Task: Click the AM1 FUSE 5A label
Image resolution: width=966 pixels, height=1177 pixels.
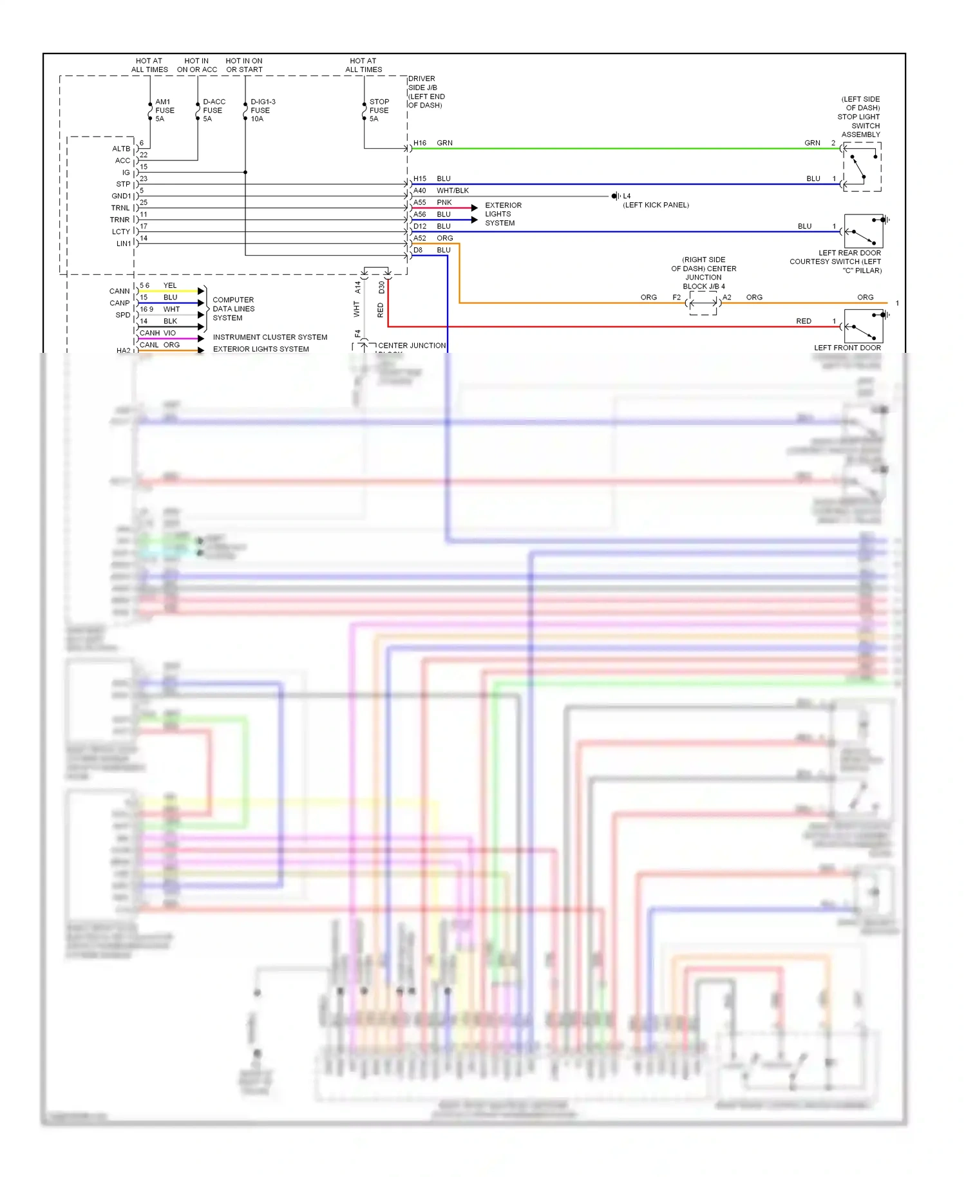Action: pos(164,110)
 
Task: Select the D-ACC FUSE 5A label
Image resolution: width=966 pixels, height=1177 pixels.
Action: pos(213,110)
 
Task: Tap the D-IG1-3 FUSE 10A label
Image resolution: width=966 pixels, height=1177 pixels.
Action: pos(262,110)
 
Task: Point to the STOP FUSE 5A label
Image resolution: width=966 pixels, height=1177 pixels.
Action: pos(379,110)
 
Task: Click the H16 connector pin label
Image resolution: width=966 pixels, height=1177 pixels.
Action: pos(420,143)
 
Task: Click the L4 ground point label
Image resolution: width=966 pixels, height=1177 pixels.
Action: pos(627,196)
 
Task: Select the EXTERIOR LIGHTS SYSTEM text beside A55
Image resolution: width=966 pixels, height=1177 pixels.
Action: pos(503,214)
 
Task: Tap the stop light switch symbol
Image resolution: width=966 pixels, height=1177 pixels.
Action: pos(862,166)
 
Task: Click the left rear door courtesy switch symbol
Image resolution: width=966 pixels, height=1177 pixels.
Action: pos(863,231)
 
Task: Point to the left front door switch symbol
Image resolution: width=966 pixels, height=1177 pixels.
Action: pos(863,326)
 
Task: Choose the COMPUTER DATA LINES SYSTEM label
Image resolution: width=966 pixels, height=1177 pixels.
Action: pos(233,309)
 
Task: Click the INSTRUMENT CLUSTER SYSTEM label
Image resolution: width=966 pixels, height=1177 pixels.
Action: pos(270,337)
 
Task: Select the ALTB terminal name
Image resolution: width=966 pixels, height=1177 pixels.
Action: pos(121,149)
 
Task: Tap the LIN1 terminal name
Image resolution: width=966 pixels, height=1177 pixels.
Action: pos(124,243)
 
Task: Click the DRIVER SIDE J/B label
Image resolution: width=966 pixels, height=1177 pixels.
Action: pos(426,92)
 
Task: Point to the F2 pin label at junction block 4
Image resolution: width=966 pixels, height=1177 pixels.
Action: pos(676,297)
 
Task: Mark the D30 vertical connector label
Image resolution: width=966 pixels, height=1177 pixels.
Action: pos(381,287)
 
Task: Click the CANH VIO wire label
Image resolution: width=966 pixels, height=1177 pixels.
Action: pos(158,333)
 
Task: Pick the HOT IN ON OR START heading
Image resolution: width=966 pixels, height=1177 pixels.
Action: pos(244,65)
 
